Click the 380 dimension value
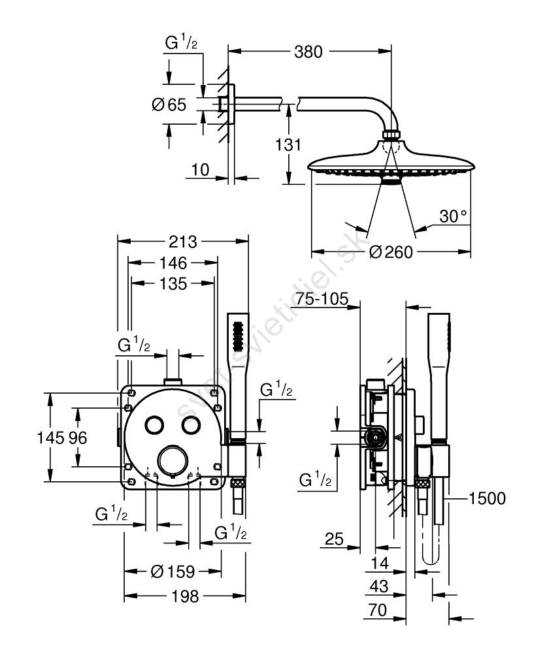[x=308, y=52]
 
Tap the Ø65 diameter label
[x=169, y=104]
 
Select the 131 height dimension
[x=288, y=145]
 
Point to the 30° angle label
[x=454, y=217]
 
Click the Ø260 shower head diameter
[x=391, y=252]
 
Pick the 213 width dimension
[x=183, y=242]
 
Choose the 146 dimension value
[x=173, y=263]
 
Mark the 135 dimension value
[x=173, y=284]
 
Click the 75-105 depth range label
[x=322, y=298]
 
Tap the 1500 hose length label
[x=487, y=498]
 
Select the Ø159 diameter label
[x=173, y=571]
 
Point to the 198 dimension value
[x=186, y=596]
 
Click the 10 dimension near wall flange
[x=200, y=170]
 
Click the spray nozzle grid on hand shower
[x=239, y=336]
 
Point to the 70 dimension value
[x=378, y=611]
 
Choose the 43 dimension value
[x=379, y=586]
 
